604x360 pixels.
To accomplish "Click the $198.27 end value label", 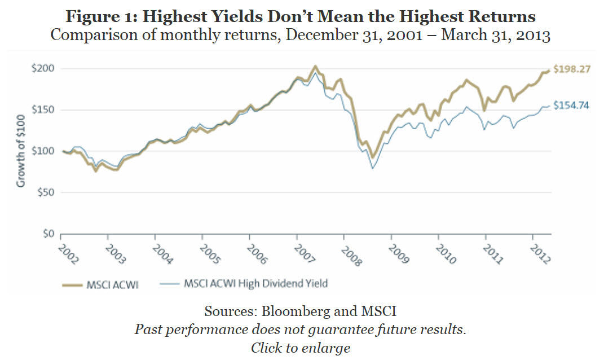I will [x=572, y=70].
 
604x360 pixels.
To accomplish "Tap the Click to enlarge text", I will [x=300, y=347].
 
